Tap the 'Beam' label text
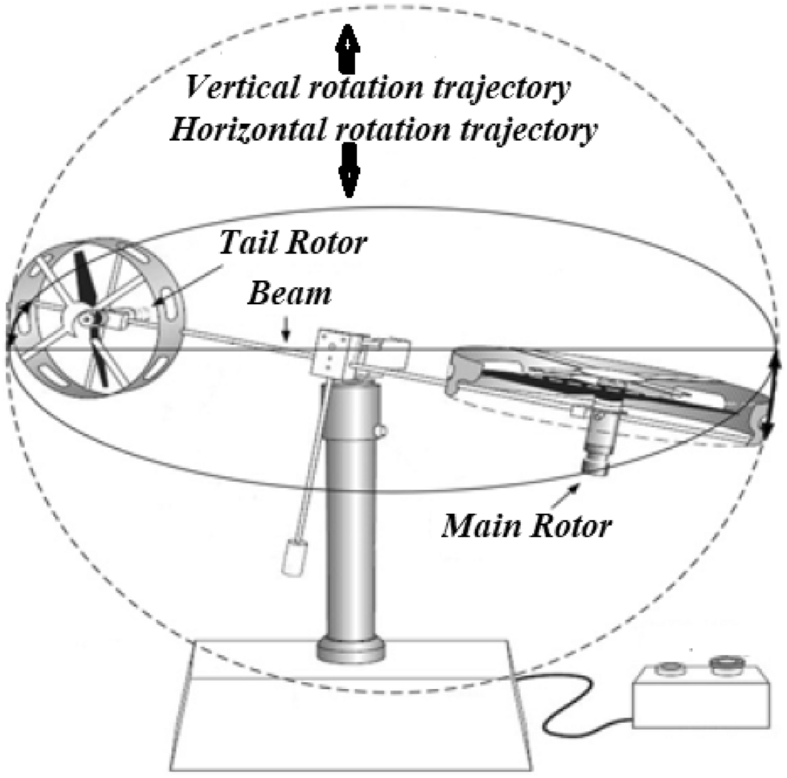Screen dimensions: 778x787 pos(290,294)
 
